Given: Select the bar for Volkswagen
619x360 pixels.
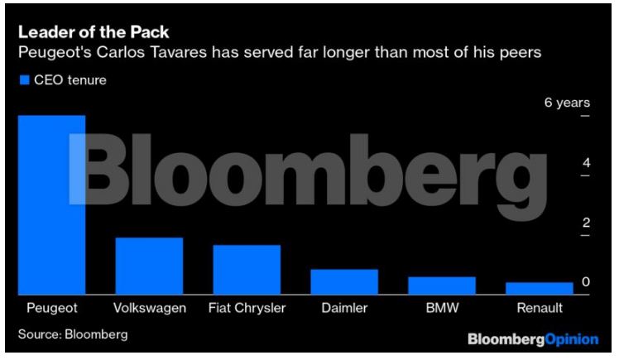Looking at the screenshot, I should [x=149, y=266].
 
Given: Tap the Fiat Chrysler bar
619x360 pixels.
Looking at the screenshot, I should [x=247, y=270].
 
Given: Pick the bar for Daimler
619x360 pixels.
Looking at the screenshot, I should [x=344, y=281].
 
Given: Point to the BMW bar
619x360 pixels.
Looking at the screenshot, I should [x=442, y=286].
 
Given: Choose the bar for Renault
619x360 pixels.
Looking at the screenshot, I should [x=540, y=288].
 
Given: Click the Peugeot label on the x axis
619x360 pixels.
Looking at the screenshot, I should [x=52, y=308].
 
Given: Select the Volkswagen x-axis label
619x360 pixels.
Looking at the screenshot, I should [x=149, y=308].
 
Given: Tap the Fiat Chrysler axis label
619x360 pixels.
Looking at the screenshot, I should [x=247, y=308].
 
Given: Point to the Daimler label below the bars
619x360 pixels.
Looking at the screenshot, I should [x=344, y=308].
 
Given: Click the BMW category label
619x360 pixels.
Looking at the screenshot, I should [x=442, y=308].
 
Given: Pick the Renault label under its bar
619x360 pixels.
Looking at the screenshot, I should [x=540, y=308].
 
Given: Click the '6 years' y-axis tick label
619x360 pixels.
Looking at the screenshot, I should [x=566, y=103].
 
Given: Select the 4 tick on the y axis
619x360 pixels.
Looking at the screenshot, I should [x=586, y=163].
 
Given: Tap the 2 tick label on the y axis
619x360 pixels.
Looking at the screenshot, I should [x=586, y=223].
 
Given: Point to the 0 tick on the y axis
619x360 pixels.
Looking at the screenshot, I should [x=586, y=282].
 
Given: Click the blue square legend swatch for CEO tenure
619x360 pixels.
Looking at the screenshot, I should [x=25, y=80].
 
